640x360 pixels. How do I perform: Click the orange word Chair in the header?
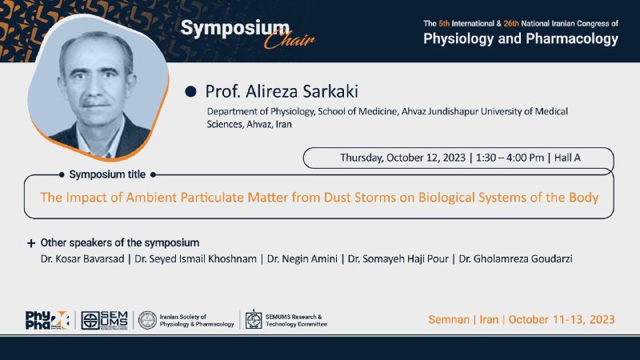289,39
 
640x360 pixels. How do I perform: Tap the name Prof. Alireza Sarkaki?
282,91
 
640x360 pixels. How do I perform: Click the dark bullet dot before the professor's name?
190,91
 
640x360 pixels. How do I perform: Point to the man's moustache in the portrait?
95,102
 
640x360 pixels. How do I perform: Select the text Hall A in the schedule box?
567,158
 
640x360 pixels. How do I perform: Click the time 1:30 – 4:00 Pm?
510,158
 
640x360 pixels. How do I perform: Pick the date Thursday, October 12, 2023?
403,158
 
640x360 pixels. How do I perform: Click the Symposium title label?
107,174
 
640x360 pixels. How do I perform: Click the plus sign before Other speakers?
31,243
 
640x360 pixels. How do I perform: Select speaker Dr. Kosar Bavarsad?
82,258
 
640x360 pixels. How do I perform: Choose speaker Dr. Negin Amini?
302,258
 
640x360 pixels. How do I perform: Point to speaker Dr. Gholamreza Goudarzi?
515,258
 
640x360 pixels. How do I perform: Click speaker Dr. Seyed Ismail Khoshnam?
195,258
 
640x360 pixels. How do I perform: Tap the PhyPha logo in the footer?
47,320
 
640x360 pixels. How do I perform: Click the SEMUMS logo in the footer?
105,320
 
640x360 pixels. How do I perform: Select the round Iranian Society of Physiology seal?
147,320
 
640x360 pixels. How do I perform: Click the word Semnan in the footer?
449,319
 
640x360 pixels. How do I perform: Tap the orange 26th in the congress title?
511,24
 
